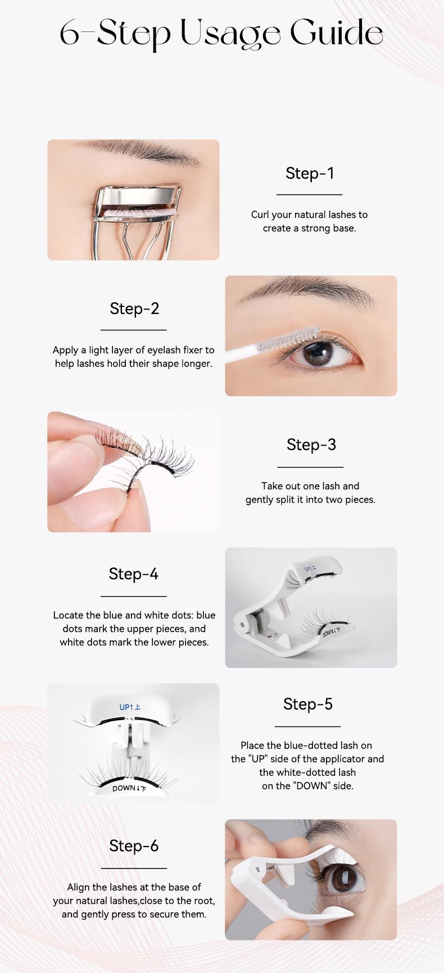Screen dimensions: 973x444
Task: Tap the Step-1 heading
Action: tap(310, 173)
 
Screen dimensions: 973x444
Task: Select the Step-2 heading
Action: tap(134, 308)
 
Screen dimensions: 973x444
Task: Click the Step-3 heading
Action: tap(311, 444)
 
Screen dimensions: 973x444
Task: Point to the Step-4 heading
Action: tap(134, 574)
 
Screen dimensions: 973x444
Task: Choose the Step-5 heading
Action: tap(308, 704)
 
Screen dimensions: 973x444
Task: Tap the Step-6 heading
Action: tap(134, 845)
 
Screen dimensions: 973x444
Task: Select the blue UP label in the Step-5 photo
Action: tap(126, 707)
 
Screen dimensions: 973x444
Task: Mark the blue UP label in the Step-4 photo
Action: tap(310, 569)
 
